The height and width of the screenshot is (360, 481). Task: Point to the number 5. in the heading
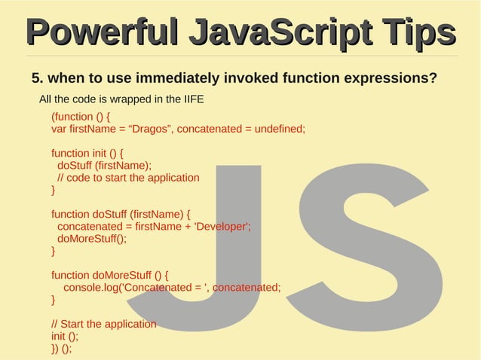click(x=37, y=78)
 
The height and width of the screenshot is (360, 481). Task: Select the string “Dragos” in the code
click(x=150, y=129)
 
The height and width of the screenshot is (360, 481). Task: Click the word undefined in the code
click(x=278, y=129)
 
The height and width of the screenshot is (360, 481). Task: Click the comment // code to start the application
click(x=128, y=178)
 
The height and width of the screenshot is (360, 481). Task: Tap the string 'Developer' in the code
click(x=221, y=227)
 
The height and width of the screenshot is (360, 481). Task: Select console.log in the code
click(x=91, y=287)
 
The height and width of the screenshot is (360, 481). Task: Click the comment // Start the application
click(x=103, y=324)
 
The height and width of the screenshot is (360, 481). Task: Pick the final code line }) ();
click(x=61, y=348)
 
